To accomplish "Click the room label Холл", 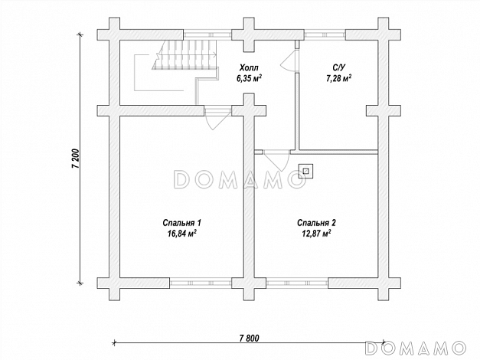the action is click(249, 67).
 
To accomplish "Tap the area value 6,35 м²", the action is click(249, 78).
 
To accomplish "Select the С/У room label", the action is click(339, 67).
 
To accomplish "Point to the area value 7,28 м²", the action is click(338, 78).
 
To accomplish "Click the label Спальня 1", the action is click(182, 223).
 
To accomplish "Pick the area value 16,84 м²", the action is click(182, 234).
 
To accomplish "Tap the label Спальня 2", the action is click(316, 223).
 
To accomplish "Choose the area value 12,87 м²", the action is click(316, 234).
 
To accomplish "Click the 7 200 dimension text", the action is click(76, 159).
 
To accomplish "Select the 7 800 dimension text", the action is click(249, 339).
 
